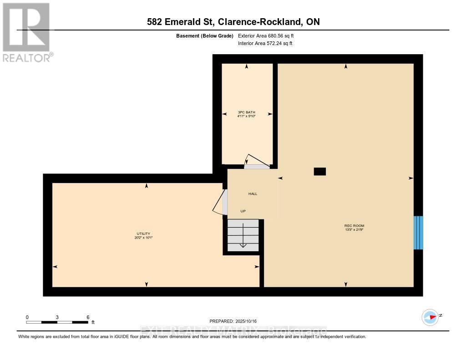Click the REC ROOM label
(354, 226)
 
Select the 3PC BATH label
(246, 112)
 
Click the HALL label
(253, 194)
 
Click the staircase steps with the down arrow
(243, 235)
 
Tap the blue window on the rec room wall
(418, 233)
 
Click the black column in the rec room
(320, 172)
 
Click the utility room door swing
(220, 202)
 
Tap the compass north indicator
(431, 317)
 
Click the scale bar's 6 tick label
(87, 317)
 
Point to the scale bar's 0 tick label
(27, 317)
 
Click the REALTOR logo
(26, 32)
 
